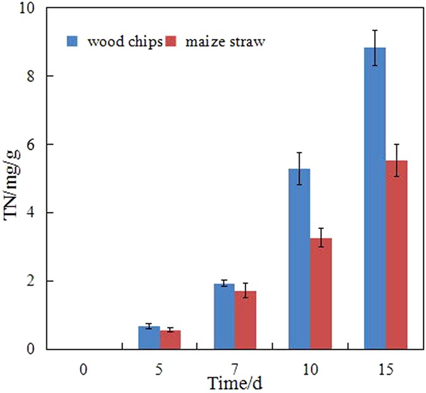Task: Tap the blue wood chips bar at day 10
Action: point(299,259)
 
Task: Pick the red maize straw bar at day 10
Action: point(321,293)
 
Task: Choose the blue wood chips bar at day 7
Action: point(224,316)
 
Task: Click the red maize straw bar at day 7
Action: point(246,320)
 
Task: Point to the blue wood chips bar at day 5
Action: point(149,337)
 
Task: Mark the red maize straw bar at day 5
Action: point(170,339)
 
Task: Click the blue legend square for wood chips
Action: point(72,42)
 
